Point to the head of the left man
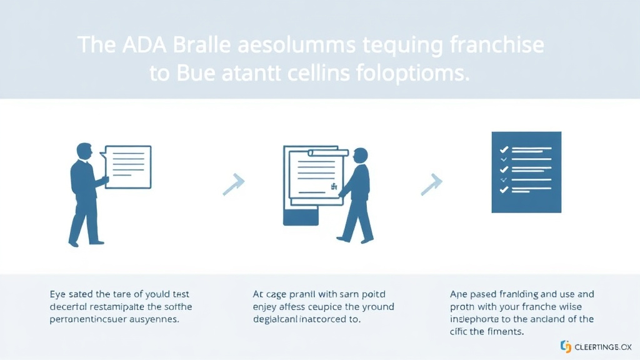[x=84, y=151]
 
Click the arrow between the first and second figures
[x=234, y=184]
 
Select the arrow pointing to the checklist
[x=431, y=184]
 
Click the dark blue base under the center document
[x=301, y=217]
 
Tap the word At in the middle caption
[x=258, y=293]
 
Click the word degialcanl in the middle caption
[x=282, y=320]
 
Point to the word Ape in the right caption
[x=459, y=293]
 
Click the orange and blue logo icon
[x=566, y=346]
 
